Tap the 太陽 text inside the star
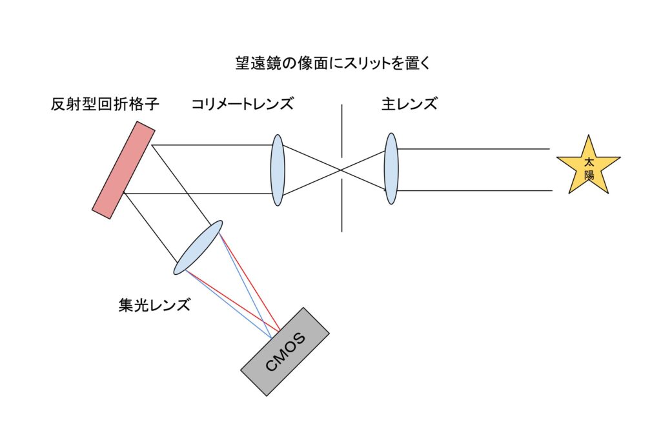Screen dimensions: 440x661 pos(588,169)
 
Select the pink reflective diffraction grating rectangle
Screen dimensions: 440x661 pos(123,170)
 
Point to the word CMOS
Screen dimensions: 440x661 pos(285,352)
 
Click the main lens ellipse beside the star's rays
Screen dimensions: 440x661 pos(391,169)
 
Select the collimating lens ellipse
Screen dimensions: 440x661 pos(278,170)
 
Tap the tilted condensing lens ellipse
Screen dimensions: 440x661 pos(198,246)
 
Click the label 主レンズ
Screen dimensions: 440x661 pos(409,104)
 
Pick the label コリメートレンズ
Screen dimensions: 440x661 pos(242,104)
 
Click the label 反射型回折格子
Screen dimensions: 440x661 pos(105,104)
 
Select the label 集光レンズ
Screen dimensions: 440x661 pos(154,305)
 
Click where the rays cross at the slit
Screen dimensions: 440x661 pos(341,170)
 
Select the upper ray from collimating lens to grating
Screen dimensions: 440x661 pos(213,145)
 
